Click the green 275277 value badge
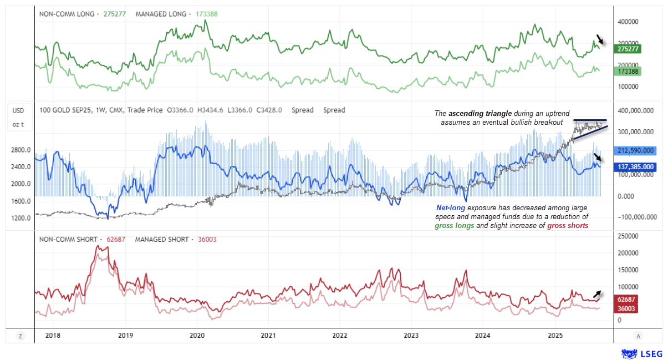628,49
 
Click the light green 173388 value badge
628,72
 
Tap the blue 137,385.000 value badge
635,166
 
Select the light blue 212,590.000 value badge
635,150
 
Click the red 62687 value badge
626,300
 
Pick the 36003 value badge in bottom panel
626,308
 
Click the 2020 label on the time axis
197,336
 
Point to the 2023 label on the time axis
411,336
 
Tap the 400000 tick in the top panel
630,22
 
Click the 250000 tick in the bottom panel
628,236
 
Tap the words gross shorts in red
567,226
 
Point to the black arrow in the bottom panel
598,294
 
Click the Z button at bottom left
21,336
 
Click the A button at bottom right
639,336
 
